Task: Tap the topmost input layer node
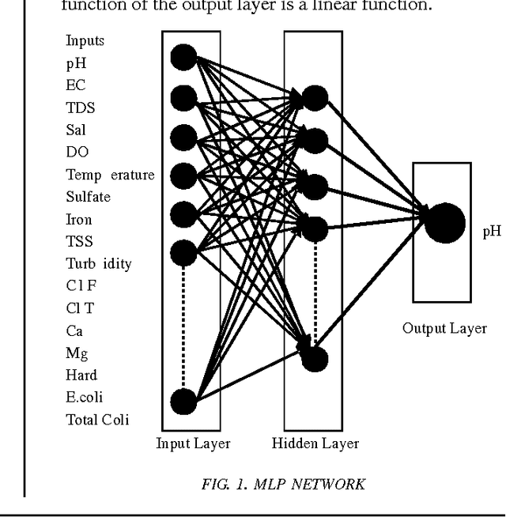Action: (x=184, y=57)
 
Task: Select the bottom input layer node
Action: (x=184, y=402)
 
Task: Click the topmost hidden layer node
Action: (x=315, y=98)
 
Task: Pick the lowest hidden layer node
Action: (x=314, y=359)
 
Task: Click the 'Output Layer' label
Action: (x=444, y=329)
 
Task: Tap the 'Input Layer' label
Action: (x=193, y=443)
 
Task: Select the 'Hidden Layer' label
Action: (x=315, y=443)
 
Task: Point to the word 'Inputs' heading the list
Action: (x=85, y=40)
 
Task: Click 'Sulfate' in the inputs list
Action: (x=88, y=197)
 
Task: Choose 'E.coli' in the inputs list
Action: (x=85, y=398)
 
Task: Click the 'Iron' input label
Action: (x=79, y=220)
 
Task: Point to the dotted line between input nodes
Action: (x=184, y=324)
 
